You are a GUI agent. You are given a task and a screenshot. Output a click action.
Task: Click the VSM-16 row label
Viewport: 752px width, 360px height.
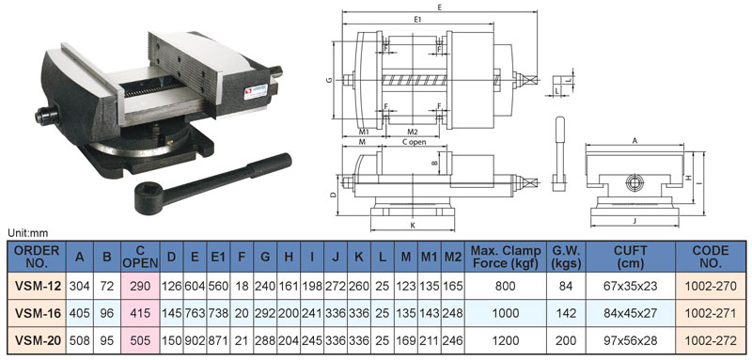coord(38,314)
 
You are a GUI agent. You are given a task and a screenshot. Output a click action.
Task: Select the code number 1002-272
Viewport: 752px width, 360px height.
coord(711,341)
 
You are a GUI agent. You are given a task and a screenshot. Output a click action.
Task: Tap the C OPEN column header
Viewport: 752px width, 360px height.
coord(140,257)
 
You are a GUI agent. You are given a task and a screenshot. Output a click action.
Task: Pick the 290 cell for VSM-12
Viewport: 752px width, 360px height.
coord(140,286)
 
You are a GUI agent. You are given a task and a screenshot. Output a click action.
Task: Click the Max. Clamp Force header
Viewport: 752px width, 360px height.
coord(506,257)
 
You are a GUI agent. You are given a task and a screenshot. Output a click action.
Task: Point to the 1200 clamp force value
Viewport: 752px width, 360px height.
coord(506,341)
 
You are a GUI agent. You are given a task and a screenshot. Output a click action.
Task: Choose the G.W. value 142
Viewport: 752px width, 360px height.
coord(567,314)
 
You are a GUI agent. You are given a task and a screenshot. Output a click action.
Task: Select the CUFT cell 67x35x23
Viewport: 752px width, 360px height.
coord(631,286)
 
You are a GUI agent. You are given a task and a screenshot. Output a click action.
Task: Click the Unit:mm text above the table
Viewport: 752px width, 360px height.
coord(28,234)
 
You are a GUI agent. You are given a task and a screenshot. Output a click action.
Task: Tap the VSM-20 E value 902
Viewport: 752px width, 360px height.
coord(195,341)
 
